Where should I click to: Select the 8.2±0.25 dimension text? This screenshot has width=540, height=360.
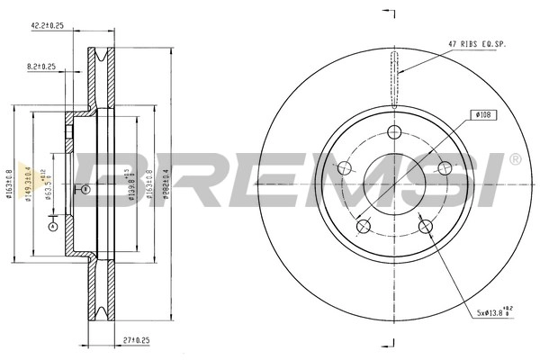pyautogui.click(x=42, y=66)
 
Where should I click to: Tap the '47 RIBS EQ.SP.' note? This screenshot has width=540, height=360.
pyautogui.click(x=478, y=42)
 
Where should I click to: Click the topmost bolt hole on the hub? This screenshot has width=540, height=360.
pyautogui.click(x=393, y=132)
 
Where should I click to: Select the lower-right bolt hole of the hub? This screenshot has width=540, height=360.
pyautogui.click(x=423, y=226)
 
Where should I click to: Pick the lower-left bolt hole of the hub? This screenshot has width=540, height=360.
pyautogui.click(x=363, y=226)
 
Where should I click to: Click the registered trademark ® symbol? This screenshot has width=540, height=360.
pyautogui.click(x=514, y=160)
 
